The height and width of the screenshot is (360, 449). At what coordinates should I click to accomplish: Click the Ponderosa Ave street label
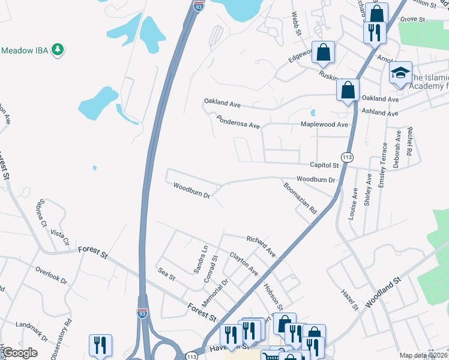tap(238, 122)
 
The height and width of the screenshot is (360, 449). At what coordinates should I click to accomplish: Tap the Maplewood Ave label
tap(324, 125)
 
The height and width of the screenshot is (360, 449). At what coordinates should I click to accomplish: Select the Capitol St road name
tap(324, 165)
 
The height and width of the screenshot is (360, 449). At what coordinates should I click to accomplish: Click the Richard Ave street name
tap(261, 245)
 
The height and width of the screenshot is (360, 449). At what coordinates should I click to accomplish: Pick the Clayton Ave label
tap(244, 264)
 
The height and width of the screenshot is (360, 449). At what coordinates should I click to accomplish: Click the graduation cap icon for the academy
tap(400, 74)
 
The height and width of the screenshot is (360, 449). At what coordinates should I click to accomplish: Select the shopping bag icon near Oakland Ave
tap(348, 91)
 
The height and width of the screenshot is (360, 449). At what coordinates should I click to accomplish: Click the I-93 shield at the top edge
tap(198, 7)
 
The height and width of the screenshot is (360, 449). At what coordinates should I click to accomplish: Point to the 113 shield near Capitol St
tap(346, 155)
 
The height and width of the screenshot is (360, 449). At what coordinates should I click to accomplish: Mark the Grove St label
tap(412, 20)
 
